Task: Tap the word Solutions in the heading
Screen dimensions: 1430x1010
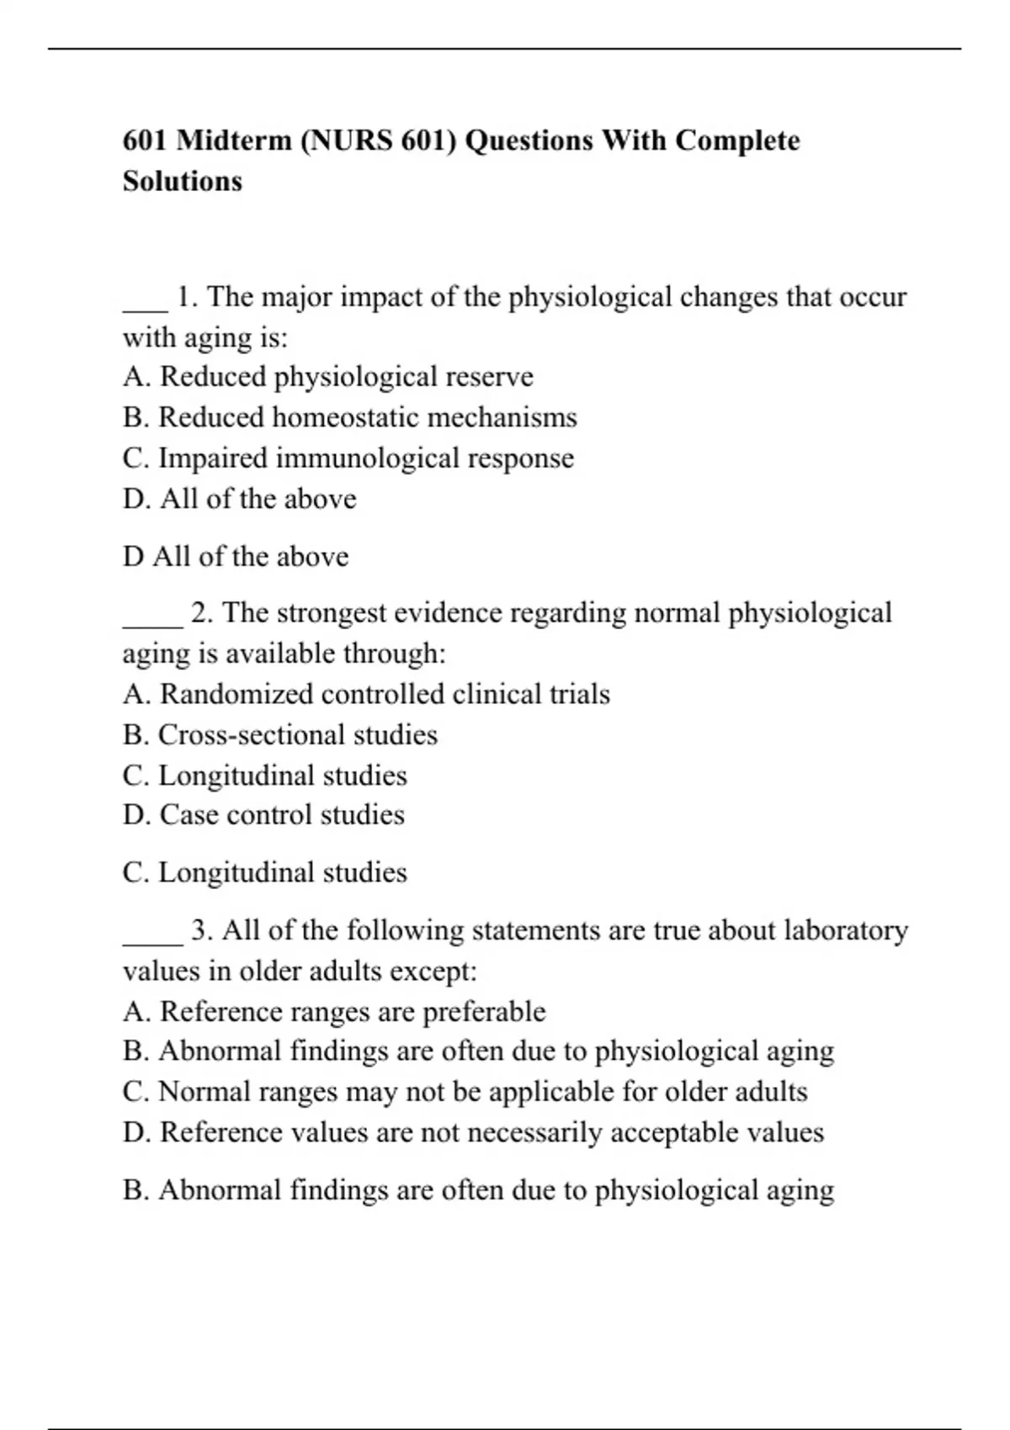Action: pos(183,181)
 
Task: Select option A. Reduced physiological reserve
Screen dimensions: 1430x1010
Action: pos(327,377)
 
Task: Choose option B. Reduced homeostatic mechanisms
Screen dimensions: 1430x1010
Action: pos(349,417)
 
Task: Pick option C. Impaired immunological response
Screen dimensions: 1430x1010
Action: pos(348,458)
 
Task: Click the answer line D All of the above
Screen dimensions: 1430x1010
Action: pos(236,557)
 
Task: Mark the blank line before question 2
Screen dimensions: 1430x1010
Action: pos(152,624)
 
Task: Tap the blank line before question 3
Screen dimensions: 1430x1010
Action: pos(152,941)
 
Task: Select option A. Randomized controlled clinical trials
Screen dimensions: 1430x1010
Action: pos(366,694)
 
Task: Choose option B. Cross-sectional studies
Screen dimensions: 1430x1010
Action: pos(279,735)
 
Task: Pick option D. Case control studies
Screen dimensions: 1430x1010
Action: pos(263,815)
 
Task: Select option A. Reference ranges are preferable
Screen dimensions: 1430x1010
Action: pos(334,1011)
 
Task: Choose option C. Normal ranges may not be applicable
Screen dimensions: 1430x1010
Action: pos(465,1092)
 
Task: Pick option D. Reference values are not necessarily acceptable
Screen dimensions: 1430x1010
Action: pos(473,1132)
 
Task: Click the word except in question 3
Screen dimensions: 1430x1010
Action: pos(440,972)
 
